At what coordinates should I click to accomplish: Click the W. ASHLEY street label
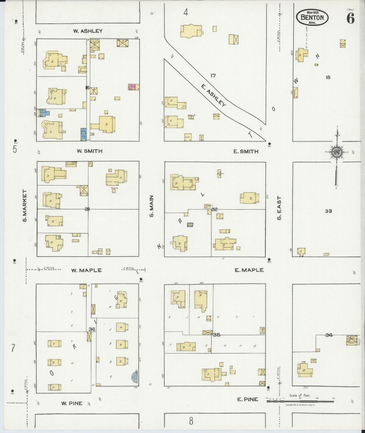tap(88, 31)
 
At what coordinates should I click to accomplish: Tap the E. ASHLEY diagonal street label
tap(213, 95)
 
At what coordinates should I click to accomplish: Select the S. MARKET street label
tap(25, 206)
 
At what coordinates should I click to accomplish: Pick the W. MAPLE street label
tap(86, 270)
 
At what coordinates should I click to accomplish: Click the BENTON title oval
tap(312, 17)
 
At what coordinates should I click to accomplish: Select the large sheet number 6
tap(350, 18)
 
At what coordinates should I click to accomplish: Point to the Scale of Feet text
tap(300, 395)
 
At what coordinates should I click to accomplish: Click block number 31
tap(87, 209)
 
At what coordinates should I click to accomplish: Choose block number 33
tap(328, 211)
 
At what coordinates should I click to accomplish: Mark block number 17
tap(213, 76)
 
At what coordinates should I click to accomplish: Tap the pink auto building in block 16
tap(133, 87)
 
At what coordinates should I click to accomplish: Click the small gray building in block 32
tap(190, 224)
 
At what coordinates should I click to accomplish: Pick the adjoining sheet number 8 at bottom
tap(191, 421)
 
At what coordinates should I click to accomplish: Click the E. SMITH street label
tap(246, 151)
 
